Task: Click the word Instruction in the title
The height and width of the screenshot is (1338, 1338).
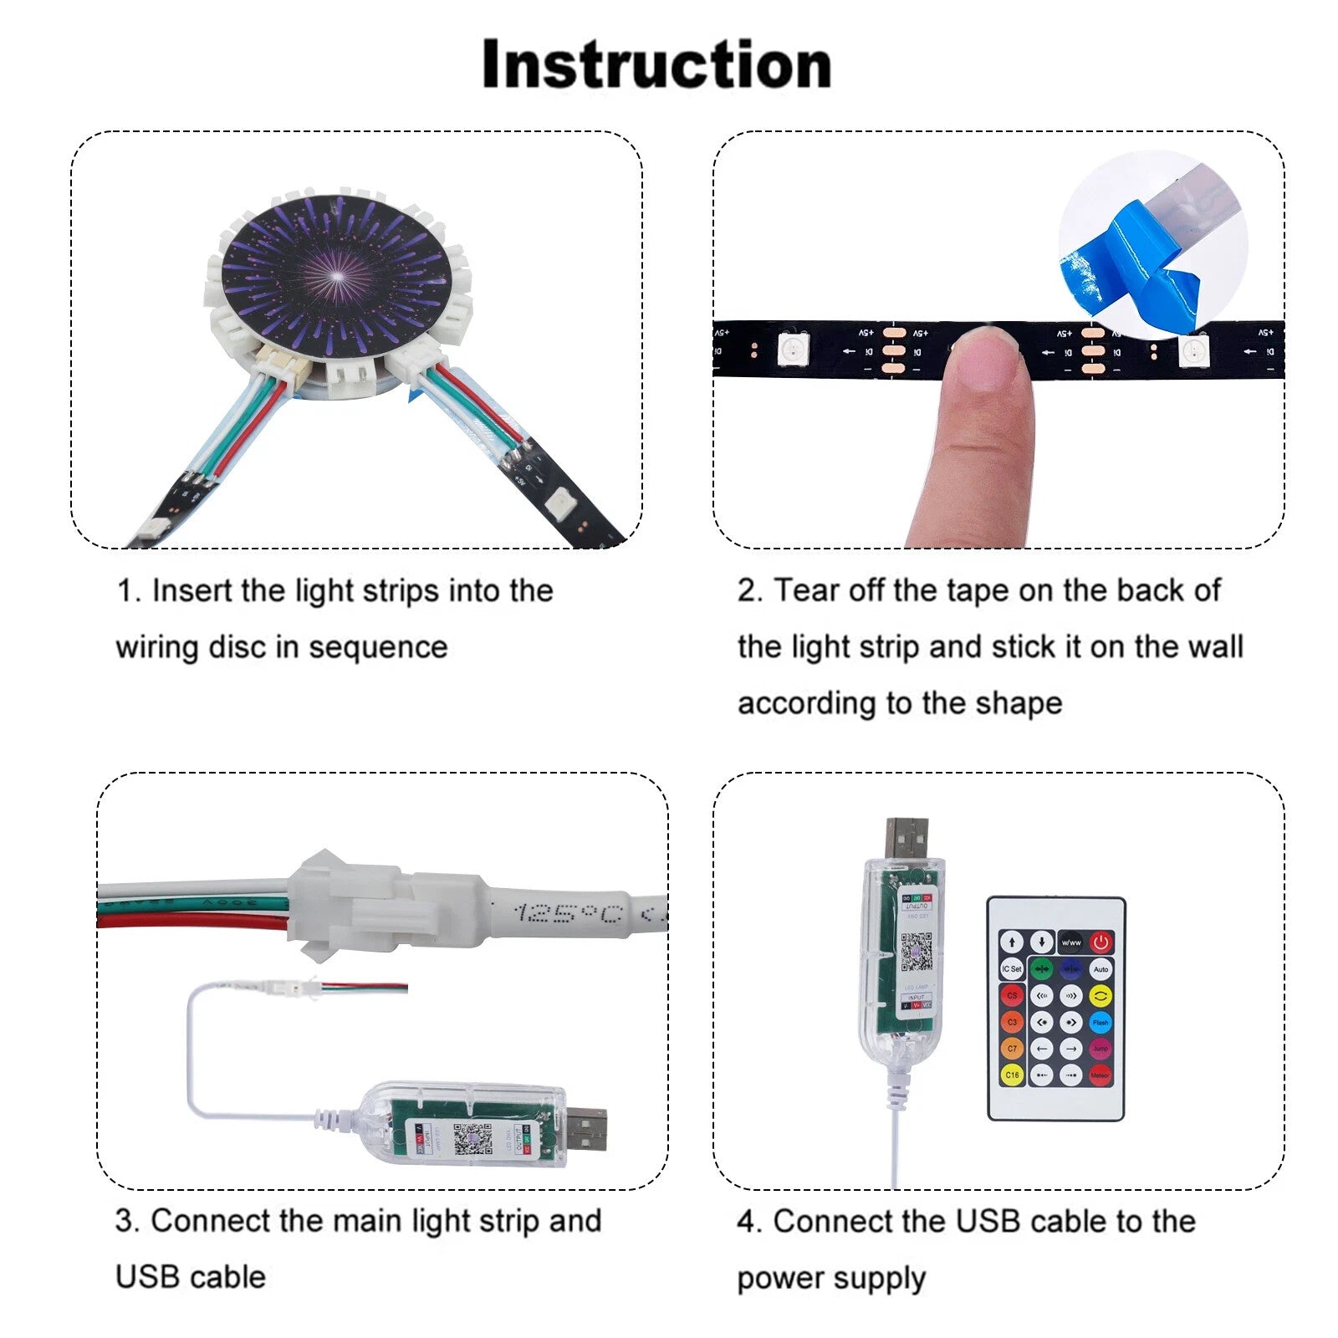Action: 656,65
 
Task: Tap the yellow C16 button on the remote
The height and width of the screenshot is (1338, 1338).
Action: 1012,1075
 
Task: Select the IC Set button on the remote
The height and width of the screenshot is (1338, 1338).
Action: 1012,968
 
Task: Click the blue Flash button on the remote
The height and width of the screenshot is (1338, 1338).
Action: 1101,1022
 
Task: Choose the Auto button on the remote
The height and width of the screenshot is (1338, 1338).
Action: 1101,968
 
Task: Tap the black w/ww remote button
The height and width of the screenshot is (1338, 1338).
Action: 1070,942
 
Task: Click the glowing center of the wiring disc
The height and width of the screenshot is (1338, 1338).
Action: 339,275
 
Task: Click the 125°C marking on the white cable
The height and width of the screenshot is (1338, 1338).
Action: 569,913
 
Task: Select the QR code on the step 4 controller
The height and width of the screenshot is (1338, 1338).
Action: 917,952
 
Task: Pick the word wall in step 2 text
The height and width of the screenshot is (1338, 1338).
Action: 1218,646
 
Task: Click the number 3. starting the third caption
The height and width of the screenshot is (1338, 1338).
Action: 127,1221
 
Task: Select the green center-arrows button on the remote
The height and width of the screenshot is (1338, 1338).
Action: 1041,969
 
